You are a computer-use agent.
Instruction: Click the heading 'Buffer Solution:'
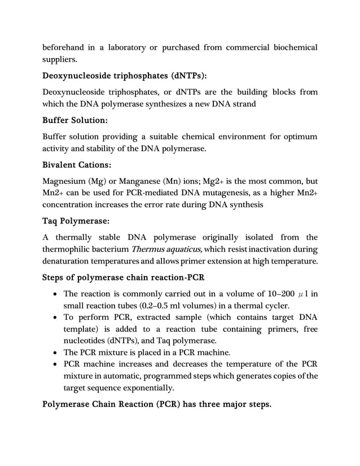point(75,120)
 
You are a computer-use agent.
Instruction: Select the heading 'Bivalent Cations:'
point(77,165)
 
